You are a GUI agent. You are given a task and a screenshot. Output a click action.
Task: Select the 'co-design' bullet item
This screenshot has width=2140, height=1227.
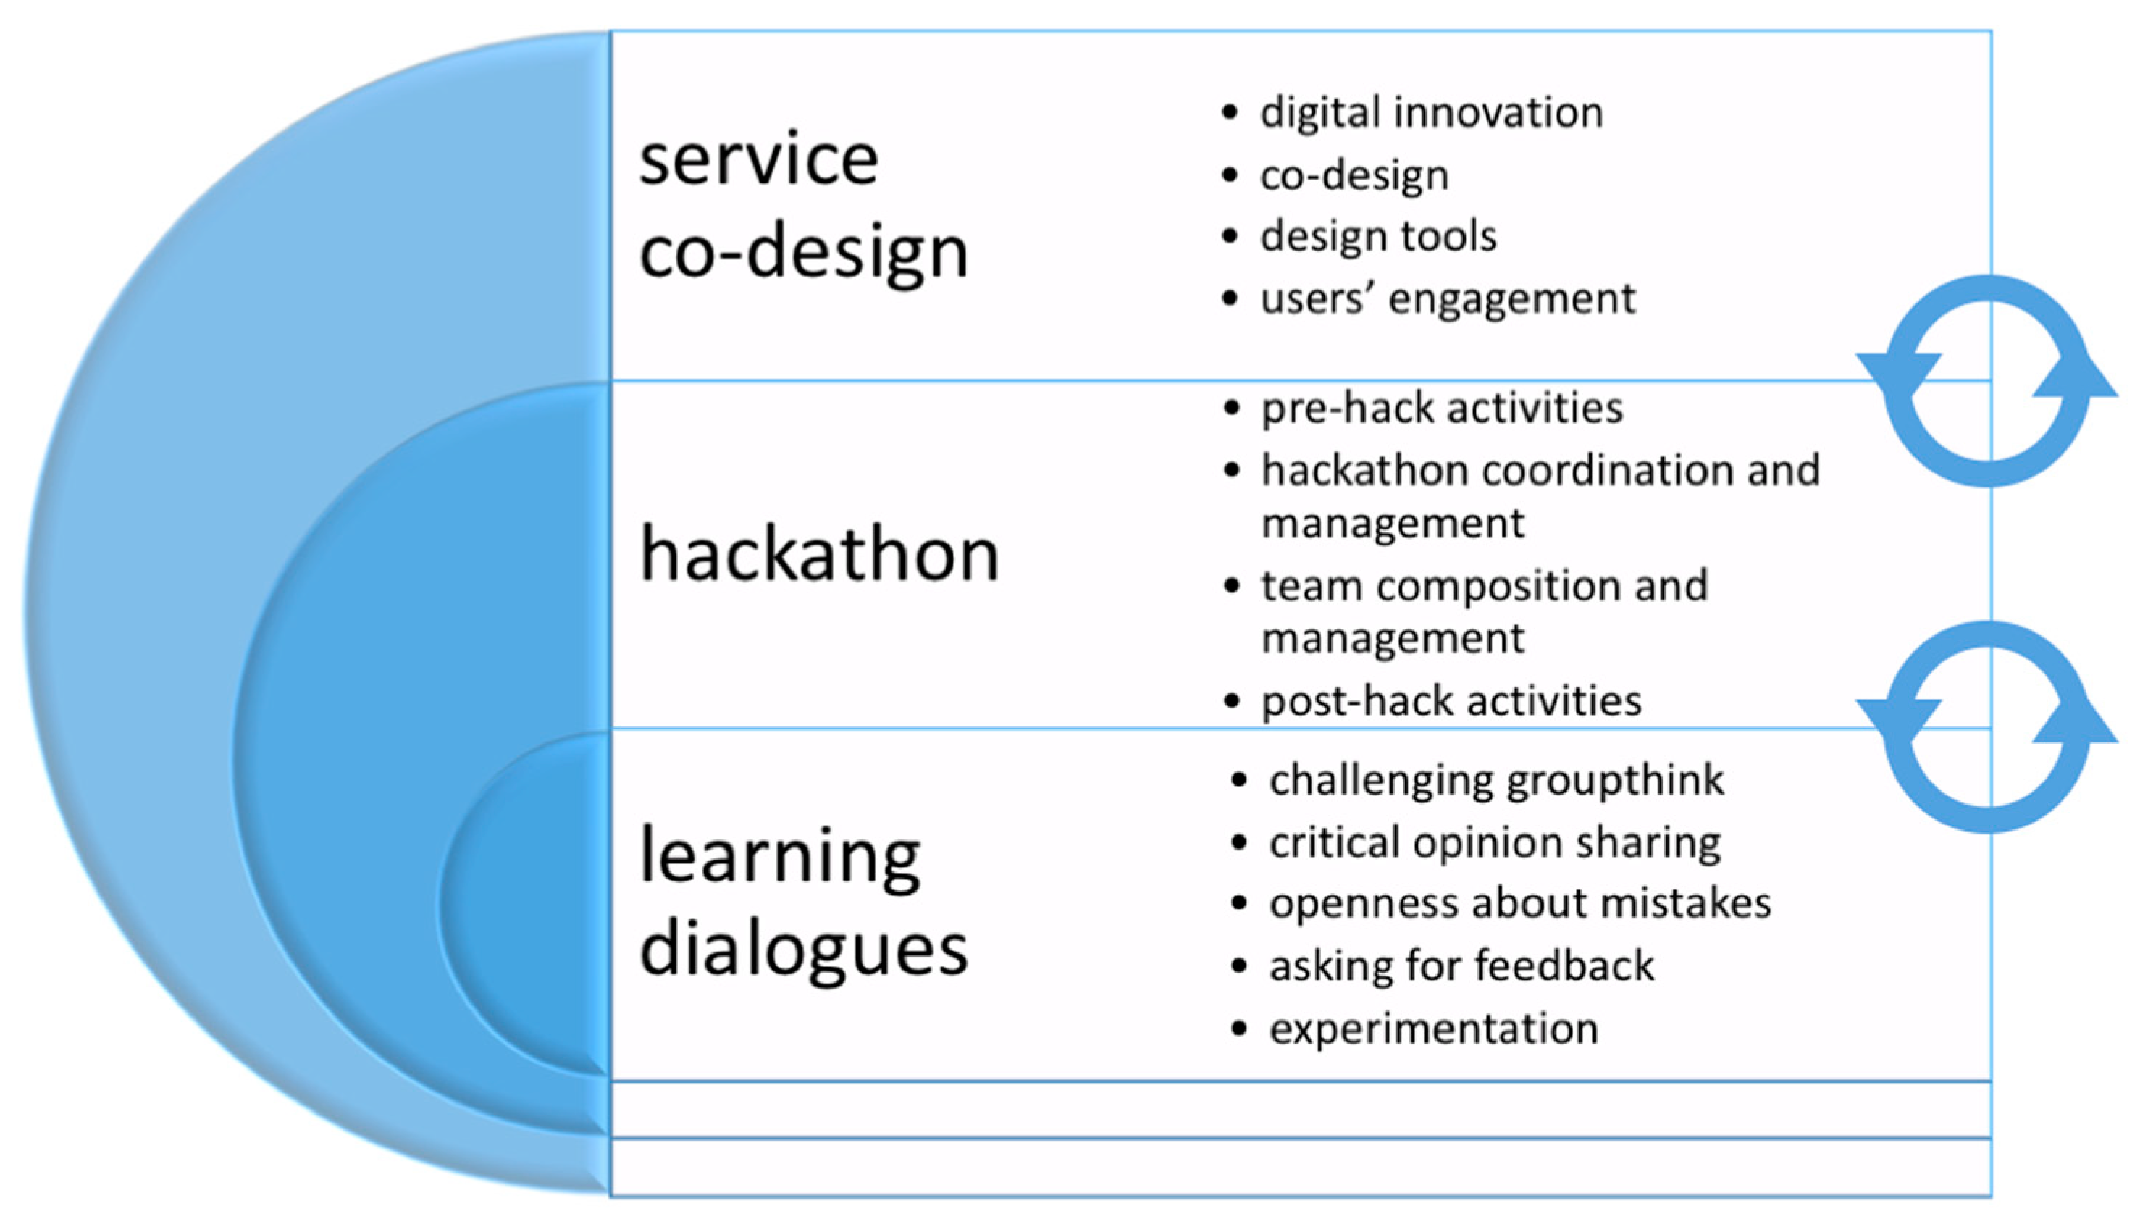[x=1355, y=175]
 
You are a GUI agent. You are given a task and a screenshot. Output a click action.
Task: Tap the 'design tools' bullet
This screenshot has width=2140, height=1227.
[x=1378, y=236]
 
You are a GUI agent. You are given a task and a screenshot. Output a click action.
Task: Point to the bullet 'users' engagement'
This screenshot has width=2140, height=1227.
[x=1448, y=298]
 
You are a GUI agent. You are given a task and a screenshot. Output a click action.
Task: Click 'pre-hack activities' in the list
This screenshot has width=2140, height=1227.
[x=1443, y=408]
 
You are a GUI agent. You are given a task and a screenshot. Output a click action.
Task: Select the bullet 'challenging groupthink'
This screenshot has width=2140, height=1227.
[x=1497, y=780]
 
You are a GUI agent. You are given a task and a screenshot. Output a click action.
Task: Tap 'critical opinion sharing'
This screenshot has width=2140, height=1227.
[x=1495, y=842]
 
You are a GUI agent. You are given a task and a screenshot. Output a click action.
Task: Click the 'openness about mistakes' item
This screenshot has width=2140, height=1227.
[x=1521, y=903]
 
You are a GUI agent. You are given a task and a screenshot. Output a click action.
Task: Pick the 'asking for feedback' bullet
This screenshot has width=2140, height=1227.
[x=1461, y=966]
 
